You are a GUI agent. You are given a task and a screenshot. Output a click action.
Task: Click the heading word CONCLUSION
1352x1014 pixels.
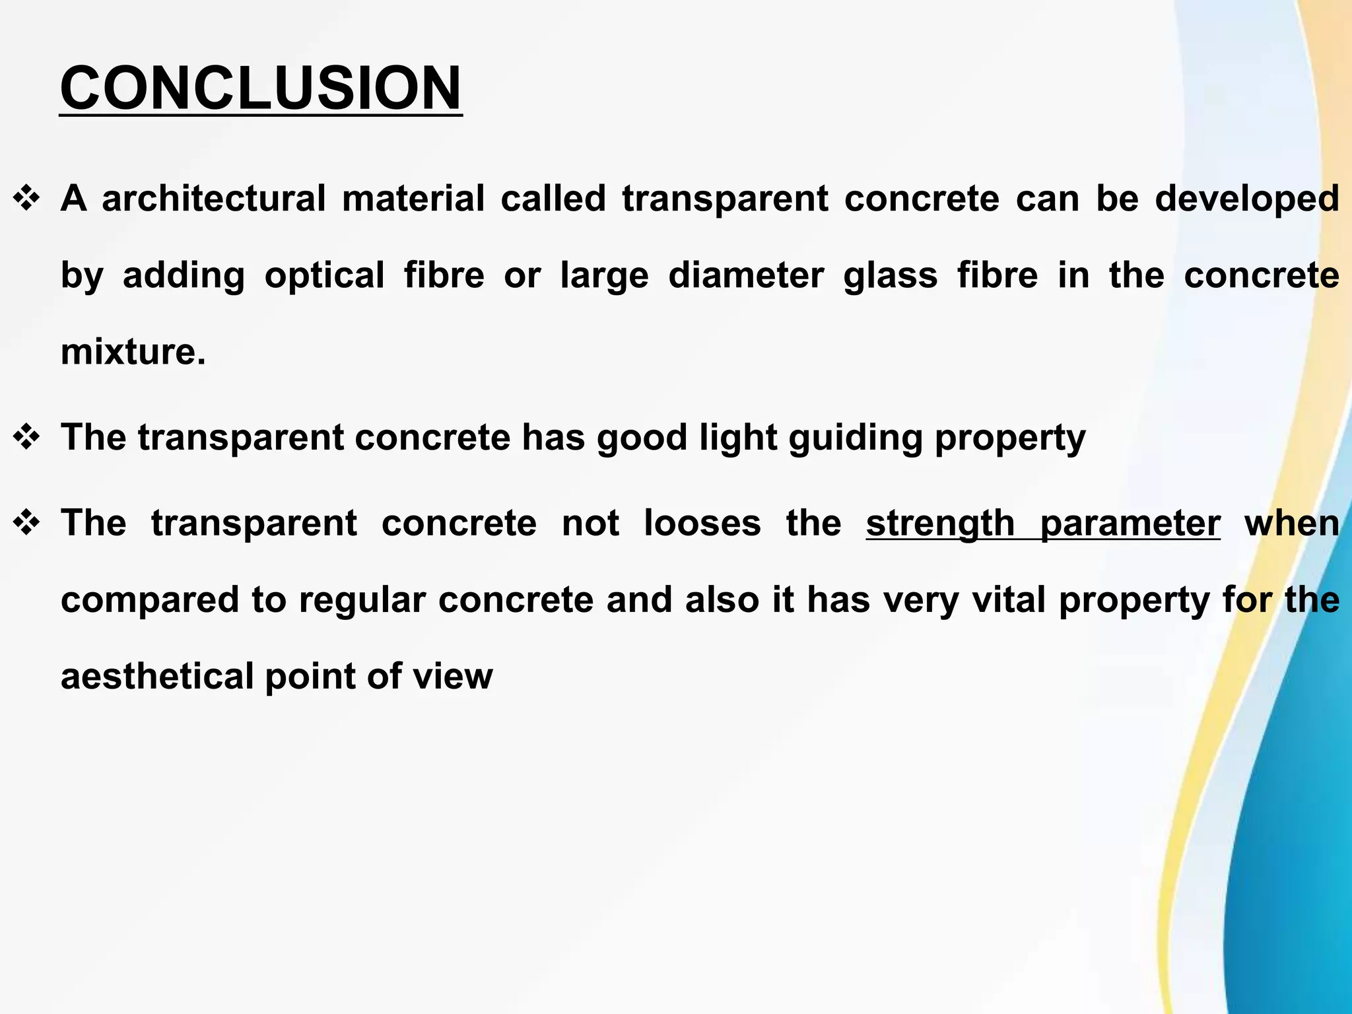(261, 89)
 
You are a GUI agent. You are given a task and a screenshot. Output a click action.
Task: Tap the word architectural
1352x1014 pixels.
(213, 199)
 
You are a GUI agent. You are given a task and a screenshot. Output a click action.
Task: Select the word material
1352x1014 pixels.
(413, 199)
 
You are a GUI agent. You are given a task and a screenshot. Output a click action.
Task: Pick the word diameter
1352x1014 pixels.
(746, 275)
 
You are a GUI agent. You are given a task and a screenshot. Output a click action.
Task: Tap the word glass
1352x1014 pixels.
(890, 275)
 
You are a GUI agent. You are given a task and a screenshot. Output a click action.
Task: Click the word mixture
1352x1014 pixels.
(133, 351)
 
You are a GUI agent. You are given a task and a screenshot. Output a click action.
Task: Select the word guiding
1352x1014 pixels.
(856, 438)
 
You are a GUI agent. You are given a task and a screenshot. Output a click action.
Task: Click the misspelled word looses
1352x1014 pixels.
(702, 524)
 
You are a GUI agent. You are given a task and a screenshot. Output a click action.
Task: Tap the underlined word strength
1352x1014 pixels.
(940, 524)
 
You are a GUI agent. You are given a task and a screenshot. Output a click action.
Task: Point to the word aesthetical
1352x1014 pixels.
(157, 677)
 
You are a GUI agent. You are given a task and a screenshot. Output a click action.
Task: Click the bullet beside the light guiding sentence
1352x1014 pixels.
(27, 438)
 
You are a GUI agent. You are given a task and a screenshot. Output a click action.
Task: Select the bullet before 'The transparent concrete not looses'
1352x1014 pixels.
(27, 524)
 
